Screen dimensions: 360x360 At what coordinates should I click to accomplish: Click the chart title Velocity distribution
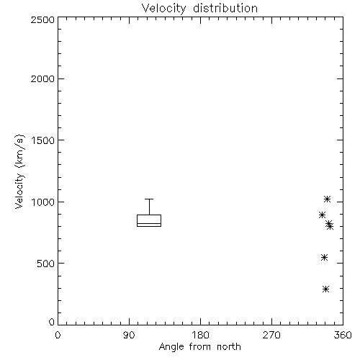click(x=199, y=9)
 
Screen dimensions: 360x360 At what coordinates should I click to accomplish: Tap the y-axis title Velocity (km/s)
click(x=19, y=171)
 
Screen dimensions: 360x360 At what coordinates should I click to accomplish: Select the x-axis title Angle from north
click(x=199, y=347)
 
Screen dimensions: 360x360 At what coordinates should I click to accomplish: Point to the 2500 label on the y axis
click(x=42, y=19)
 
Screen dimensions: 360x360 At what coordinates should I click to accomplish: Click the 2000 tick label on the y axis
click(x=42, y=79)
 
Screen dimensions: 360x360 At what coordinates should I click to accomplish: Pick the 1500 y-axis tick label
click(x=43, y=140)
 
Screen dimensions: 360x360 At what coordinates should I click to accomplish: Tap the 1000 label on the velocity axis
click(x=43, y=202)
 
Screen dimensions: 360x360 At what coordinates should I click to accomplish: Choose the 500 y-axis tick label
click(x=45, y=264)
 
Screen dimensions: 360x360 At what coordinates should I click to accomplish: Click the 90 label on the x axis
click(x=129, y=335)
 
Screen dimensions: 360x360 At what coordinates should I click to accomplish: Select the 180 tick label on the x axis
click(x=200, y=335)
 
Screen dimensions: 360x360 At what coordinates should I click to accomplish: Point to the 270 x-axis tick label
click(x=271, y=335)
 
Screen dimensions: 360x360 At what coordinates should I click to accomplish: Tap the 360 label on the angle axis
click(x=343, y=335)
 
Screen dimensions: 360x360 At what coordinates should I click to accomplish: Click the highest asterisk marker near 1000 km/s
click(x=327, y=199)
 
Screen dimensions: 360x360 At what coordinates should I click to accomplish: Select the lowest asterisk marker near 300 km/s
click(x=325, y=289)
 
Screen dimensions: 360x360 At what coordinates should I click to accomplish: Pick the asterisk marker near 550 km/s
click(x=324, y=258)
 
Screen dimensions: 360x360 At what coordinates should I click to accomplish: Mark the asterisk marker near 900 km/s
click(x=322, y=215)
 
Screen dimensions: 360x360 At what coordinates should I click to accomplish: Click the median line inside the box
click(x=149, y=223)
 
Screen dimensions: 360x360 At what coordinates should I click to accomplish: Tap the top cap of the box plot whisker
click(x=149, y=199)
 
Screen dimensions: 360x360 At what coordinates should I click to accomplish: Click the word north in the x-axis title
click(x=229, y=347)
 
